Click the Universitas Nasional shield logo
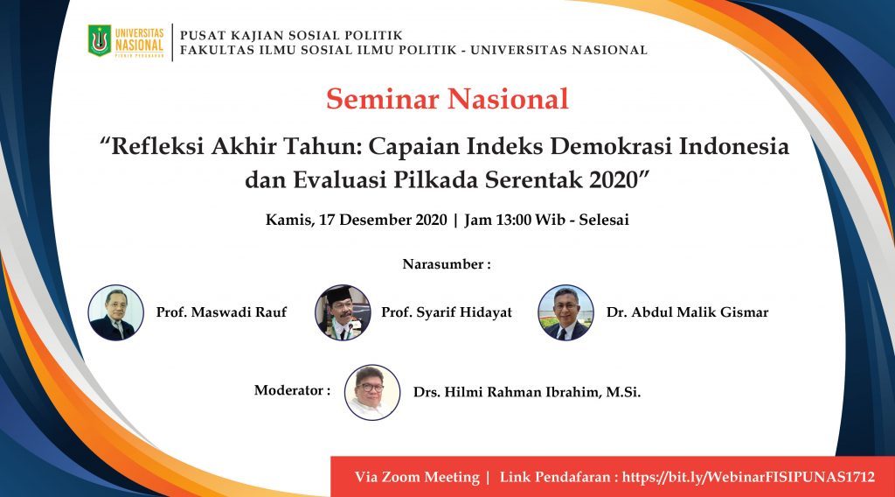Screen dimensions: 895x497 [x=100, y=40]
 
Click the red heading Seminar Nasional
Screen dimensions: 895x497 [x=447, y=99]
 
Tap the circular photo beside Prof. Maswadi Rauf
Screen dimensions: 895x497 [x=116, y=312]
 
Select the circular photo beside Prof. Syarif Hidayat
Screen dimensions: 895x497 [x=343, y=312]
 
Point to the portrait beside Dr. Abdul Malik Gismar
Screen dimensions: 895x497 [x=565, y=312]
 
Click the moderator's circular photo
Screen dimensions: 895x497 [x=372, y=393]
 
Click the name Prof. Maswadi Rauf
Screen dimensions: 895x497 [x=221, y=312]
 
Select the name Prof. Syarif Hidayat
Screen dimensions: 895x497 [x=447, y=312]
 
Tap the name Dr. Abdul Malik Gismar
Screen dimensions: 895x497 [x=687, y=312]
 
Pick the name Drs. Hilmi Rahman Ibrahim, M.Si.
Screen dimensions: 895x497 [x=527, y=393]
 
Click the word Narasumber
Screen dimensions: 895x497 [x=443, y=264]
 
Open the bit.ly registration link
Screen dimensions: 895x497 [x=748, y=477]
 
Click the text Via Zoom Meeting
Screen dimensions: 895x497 [x=417, y=477]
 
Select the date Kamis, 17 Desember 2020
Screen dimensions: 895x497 [x=357, y=220]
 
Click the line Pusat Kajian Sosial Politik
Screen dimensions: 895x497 [x=291, y=35]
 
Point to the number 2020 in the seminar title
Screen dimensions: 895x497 [x=616, y=180]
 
